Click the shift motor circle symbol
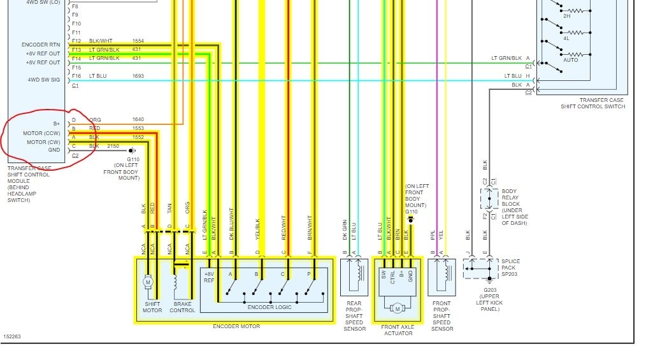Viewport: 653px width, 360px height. [x=148, y=282]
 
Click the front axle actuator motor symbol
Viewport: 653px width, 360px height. [x=398, y=308]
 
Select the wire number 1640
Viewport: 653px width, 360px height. [x=138, y=120]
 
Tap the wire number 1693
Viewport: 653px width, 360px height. [x=138, y=76]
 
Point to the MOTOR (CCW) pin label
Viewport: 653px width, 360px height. [x=41, y=133]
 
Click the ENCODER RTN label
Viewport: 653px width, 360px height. [x=41, y=45]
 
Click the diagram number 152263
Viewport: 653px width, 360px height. [x=12, y=336]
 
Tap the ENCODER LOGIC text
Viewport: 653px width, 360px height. [x=270, y=307]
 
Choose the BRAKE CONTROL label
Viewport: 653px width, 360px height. [x=182, y=307]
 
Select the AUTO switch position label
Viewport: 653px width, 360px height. [x=570, y=60]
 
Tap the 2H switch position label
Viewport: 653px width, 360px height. [x=566, y=16]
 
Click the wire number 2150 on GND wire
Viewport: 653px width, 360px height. [x=113, y=146]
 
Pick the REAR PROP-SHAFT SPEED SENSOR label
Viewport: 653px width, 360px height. [x=355, y=316]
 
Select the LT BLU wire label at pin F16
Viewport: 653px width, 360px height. [x=98, y=76]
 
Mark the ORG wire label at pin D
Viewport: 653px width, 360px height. [x=95, y=120]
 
